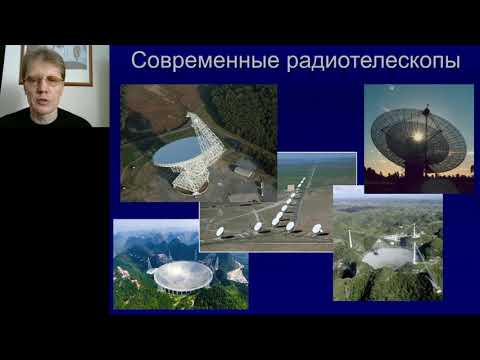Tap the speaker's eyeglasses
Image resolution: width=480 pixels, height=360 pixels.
point(41,79)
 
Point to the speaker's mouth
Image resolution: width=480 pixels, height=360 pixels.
point(41,98)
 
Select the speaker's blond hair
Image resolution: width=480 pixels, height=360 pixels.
point(41,57)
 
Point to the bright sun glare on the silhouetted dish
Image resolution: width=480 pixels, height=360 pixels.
point(416,135)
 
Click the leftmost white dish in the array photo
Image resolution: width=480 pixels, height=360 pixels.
point(220,232)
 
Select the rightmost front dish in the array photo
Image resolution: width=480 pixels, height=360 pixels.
point(317,229)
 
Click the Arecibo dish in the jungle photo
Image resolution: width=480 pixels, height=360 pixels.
point(388,256)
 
